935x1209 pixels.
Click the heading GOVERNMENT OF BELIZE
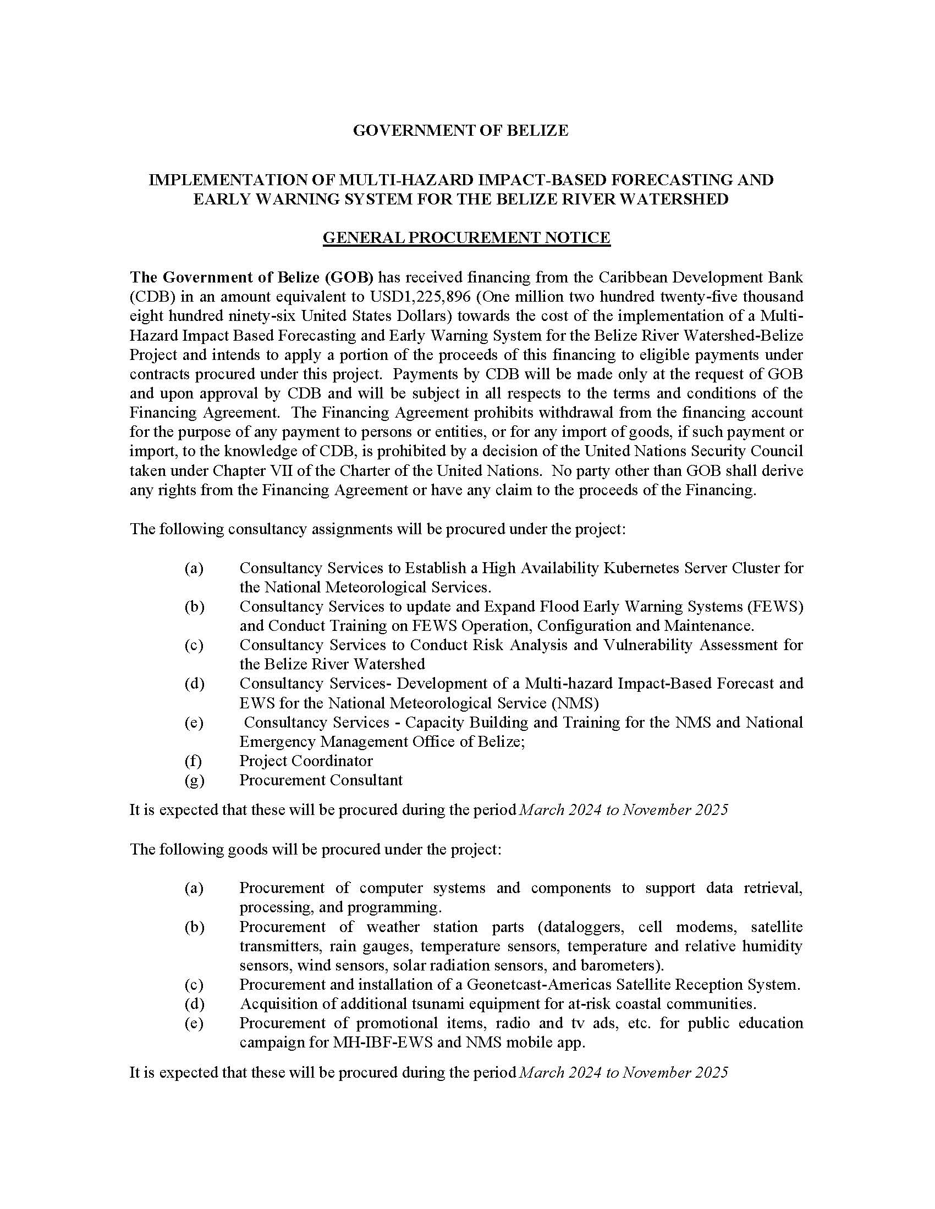[x=460, y=131]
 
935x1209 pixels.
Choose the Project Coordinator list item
[x=306, y=761]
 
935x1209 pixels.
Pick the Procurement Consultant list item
[x=321, y=780]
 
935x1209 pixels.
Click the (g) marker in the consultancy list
[x=194, y=780]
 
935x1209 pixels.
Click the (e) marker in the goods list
[x=194, y=1023]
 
